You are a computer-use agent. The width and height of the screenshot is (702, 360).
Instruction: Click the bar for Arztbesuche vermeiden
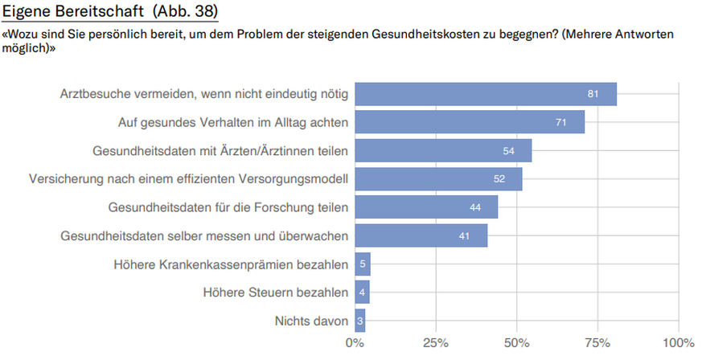(x=485, y=94)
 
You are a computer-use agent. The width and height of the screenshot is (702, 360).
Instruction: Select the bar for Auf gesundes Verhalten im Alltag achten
(x=469, y=122)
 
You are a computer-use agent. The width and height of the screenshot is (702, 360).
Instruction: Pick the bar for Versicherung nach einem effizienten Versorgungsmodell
(x=438, y=178)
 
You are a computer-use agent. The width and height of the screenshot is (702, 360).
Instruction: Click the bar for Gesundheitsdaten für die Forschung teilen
(x=426, y=207)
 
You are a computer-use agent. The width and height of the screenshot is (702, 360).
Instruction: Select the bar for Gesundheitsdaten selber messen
(x=421, y=235)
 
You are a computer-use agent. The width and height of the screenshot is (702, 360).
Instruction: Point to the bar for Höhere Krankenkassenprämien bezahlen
(x=362, y=264)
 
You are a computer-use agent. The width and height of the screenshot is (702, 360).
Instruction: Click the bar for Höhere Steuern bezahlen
(x=361, y=292)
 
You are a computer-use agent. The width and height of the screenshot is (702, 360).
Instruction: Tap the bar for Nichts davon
(x=359, y=321)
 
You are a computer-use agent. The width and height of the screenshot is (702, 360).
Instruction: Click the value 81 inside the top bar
(x=593, y=94)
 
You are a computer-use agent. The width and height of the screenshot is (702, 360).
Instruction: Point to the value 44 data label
(x=474, y=207)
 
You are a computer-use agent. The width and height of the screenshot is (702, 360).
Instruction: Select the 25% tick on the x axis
(x=436, y=344)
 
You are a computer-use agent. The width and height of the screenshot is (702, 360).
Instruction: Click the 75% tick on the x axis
(x=597, y=344)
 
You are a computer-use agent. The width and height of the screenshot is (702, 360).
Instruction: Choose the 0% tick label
(x=355, y=344)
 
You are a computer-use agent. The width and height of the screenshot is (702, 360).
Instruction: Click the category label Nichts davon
(x=311, y=321)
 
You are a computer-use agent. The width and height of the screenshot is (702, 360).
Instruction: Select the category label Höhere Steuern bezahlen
(x=276, y=292)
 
